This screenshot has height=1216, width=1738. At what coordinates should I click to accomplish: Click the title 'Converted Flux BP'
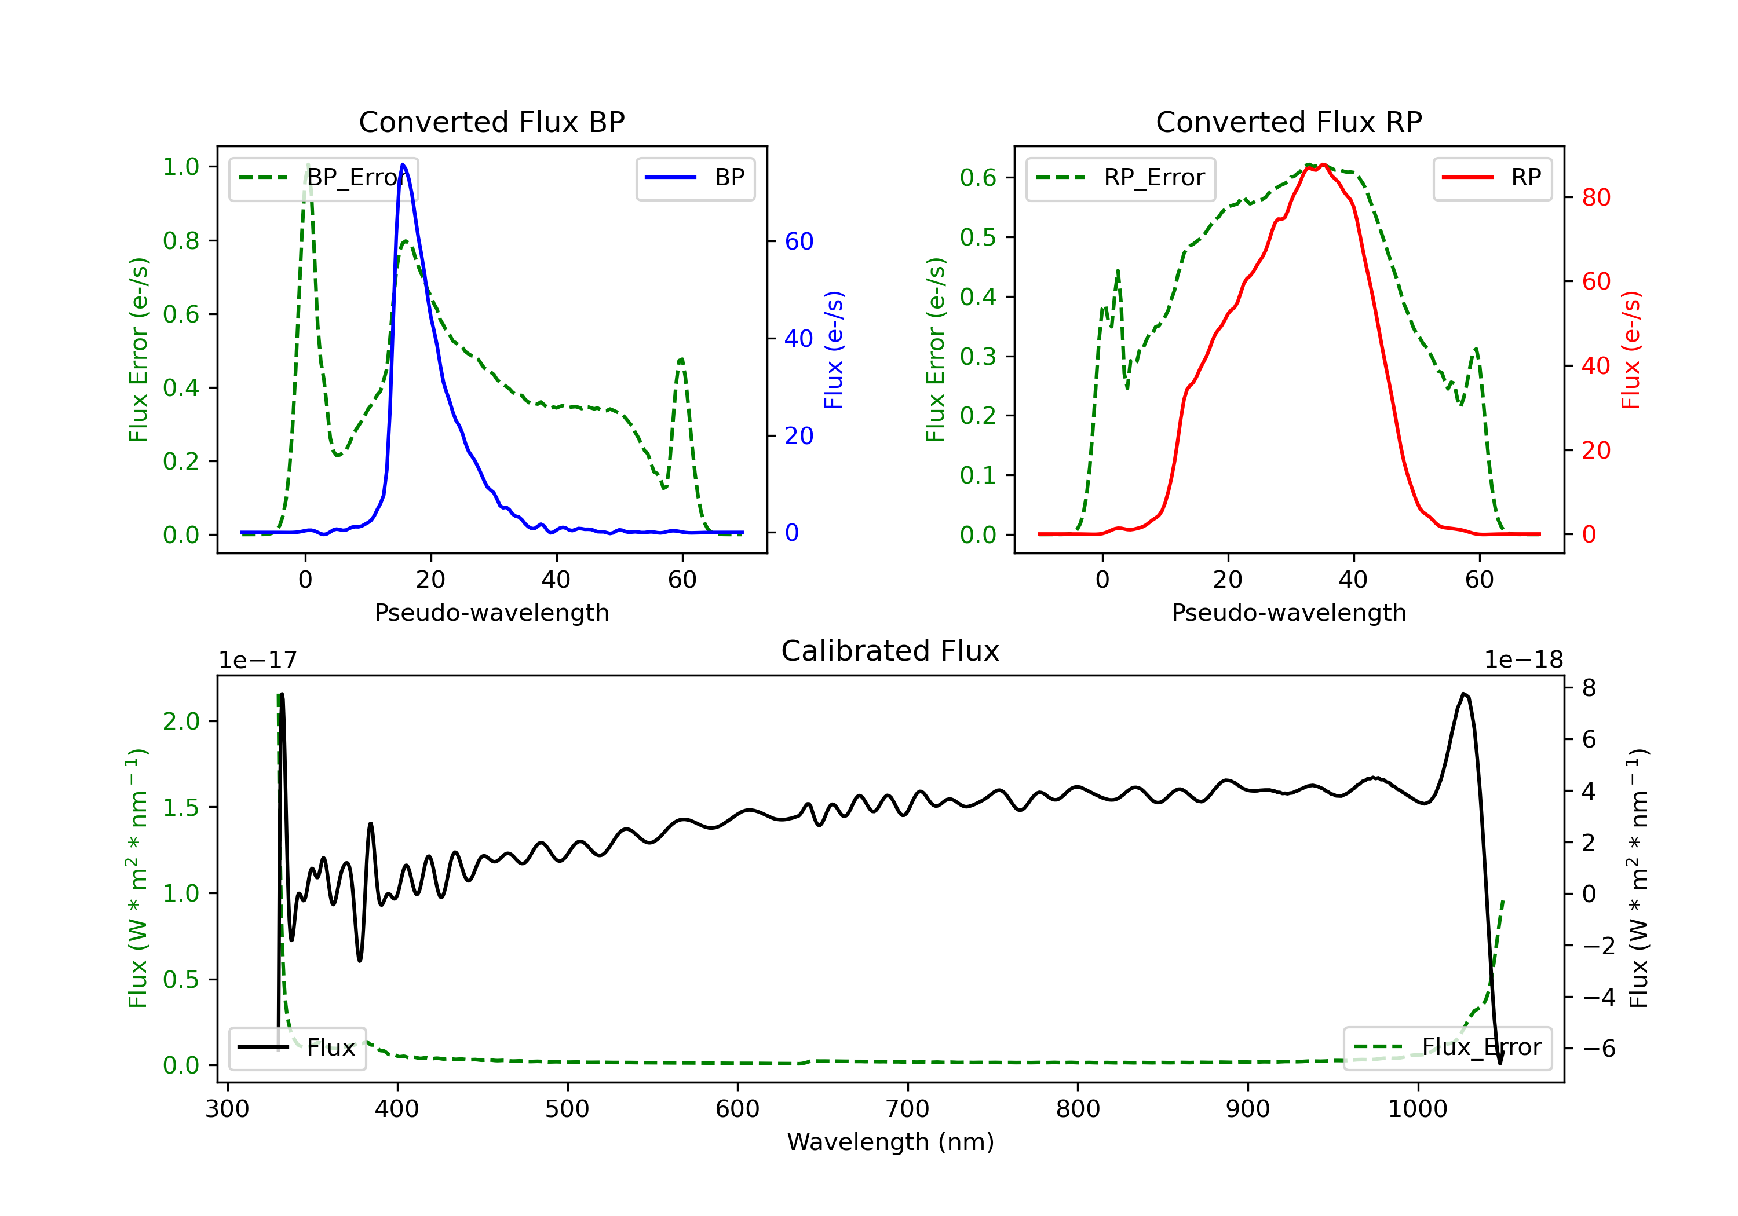tap(492, 122)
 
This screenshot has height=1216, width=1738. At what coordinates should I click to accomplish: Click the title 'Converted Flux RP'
tap(1289, 122)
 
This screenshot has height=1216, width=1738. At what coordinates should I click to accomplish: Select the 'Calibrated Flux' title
tap(890, 651)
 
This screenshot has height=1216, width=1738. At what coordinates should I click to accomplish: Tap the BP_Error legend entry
tap(323, 178)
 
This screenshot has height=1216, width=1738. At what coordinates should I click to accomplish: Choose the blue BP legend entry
tap(695, 178)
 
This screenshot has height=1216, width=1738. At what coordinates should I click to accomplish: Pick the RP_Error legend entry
tap(1120, 178)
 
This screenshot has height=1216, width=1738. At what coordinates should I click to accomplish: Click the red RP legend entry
tap(1492, 178)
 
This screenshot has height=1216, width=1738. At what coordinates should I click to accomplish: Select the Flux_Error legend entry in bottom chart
tap(1447, 1048)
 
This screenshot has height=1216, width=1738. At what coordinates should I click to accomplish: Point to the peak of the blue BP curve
tap(403, 164)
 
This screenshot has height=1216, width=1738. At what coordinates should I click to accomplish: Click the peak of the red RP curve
tap(1323, 165)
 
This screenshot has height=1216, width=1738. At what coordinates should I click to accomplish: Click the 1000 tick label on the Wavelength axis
tap(1418, 1109)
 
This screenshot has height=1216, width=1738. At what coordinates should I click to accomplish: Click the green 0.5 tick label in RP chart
tap(978, 237)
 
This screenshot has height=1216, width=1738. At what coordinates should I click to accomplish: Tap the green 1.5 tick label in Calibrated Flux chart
tap(181, 807)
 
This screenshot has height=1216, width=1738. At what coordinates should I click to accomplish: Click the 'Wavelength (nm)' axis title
tap(891, 1142)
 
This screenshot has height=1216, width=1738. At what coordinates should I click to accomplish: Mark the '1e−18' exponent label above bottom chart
tap(1524, 661)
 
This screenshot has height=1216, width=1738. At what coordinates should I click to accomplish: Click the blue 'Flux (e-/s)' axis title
tap(834, 350)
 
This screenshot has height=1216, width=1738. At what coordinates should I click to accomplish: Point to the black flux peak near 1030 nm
tap(1464, 694)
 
